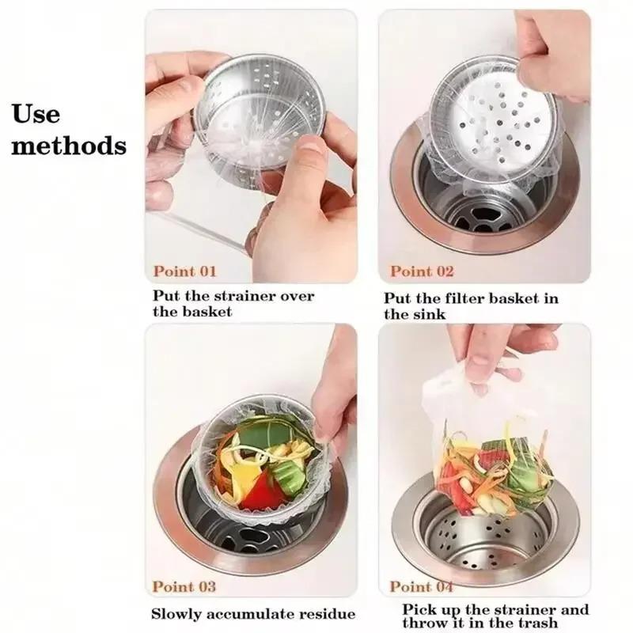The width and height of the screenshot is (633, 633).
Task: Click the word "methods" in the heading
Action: click(x=69, y=146)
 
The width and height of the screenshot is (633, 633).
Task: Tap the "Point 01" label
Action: click(x=184, y=271)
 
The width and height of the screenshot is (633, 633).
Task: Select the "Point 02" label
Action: click(x=422, y=271)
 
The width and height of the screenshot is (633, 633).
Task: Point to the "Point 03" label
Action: click(x=184, y=586)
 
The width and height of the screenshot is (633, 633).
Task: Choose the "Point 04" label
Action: click(x=422, y=586)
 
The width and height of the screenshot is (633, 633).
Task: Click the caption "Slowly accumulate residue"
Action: click(x=254, y=614)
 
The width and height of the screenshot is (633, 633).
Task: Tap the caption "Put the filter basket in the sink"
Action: click(x=472, y=306)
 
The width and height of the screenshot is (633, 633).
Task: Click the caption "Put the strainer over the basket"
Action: click(x=233, y=304)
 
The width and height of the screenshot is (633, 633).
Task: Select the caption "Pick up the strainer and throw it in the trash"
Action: click(x=495, y=616)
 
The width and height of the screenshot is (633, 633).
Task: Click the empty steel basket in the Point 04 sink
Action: click(x=483, y=538)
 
